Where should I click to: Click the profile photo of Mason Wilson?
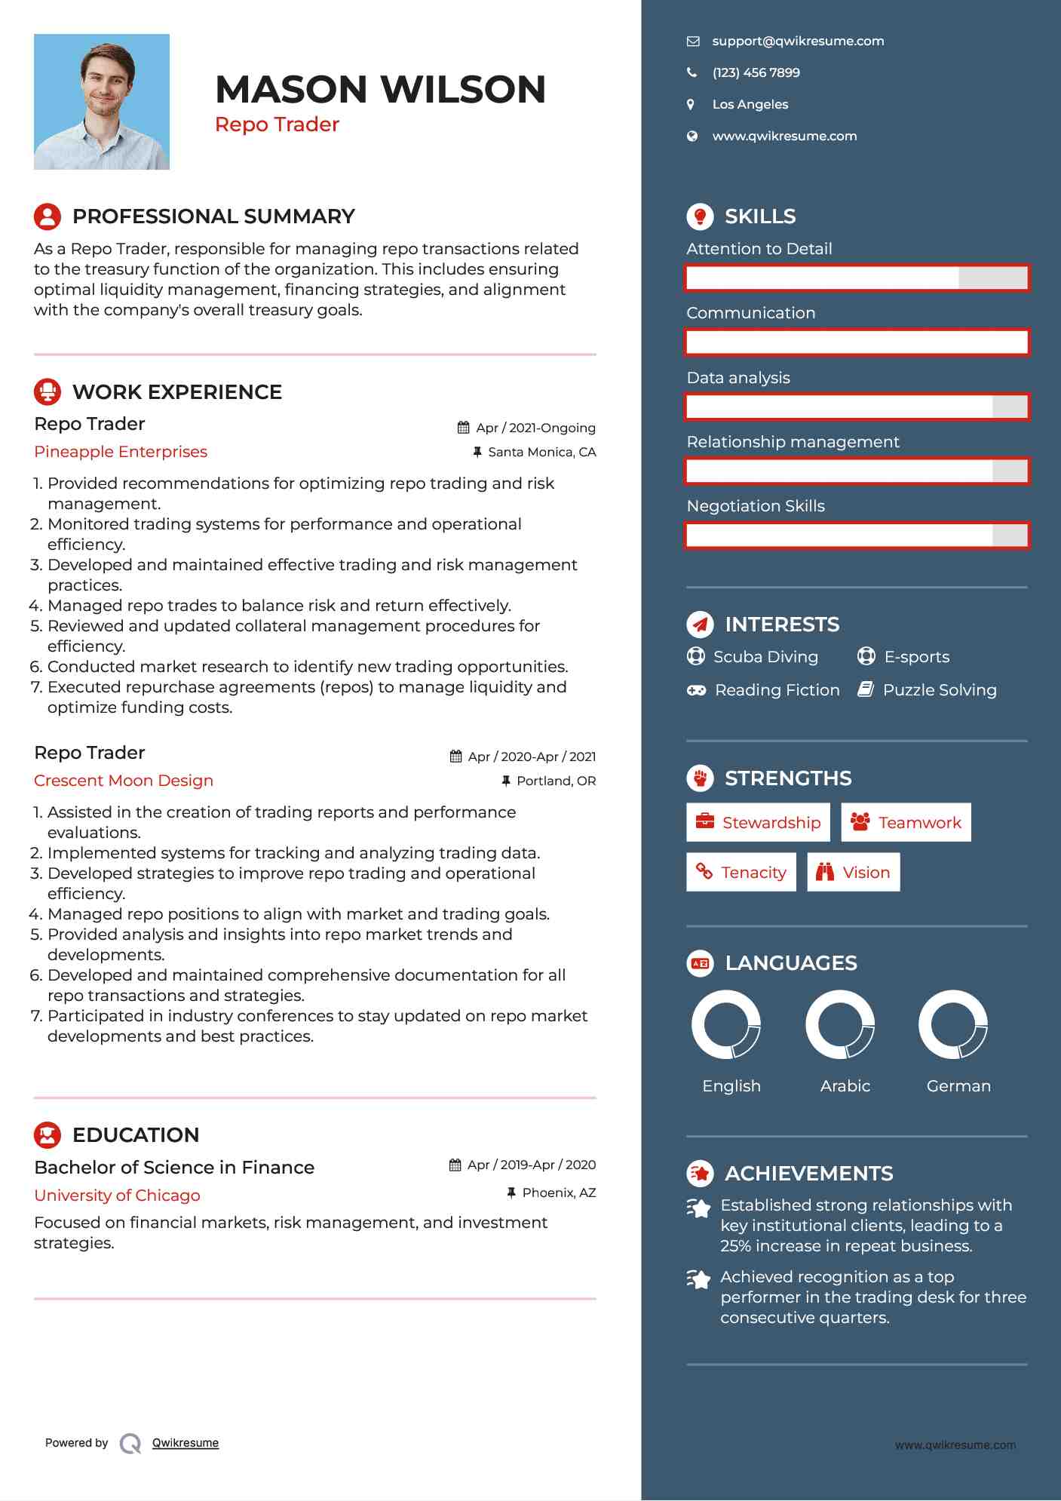coord(102,102)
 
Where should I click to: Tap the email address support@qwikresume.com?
coord(798,41)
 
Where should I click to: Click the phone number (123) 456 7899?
coord(756,73)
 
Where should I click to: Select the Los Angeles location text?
coord(750,105)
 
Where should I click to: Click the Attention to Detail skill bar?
coord(857,278)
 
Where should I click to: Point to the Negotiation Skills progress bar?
coord(857,536)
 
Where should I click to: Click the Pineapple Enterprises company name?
coord(121,452)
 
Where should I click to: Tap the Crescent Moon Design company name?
coord(124,781)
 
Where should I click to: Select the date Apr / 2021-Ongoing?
coord(535,428)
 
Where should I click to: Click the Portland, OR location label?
coord(556,781)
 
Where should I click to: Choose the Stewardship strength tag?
coord(758,823)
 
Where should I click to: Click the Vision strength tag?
coord(854,873)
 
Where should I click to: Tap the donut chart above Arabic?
coord(839,1024)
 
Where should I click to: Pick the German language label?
coord(958,1086)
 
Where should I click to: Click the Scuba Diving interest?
coord(765,657)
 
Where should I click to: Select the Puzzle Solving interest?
coord(939,690)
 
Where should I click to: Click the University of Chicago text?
coord(117,1196)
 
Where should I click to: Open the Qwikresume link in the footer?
coord(186,1443)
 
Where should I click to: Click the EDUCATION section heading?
coord(136,1135)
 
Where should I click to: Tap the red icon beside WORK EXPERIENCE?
coord(48,391)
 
